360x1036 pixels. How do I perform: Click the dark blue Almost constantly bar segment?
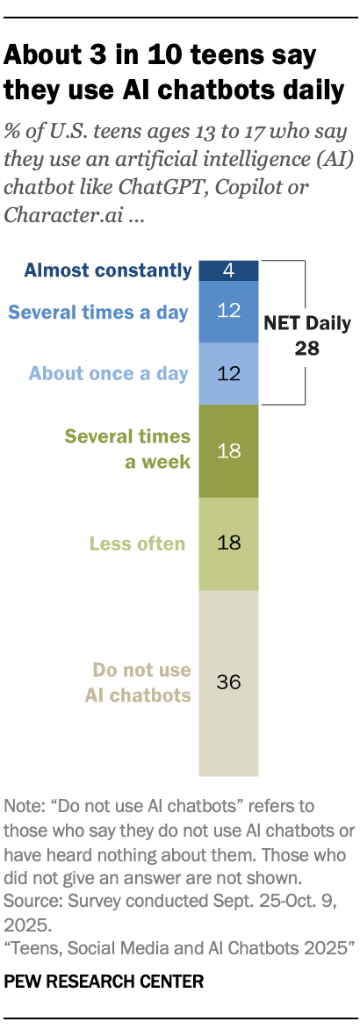point(228,270)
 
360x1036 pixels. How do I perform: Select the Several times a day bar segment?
point(228,312)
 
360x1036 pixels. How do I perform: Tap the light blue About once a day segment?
point(228,374)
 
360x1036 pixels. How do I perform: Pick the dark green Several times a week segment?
point(228,450)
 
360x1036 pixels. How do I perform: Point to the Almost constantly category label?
point(107,270)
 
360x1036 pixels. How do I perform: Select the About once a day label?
point(109,374)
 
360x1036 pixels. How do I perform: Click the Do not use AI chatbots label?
point(142,683)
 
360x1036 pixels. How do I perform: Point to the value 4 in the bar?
point(228,270)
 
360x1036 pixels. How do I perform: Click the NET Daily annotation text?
point(307,323)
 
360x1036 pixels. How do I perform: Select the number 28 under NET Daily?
point(307,348)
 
